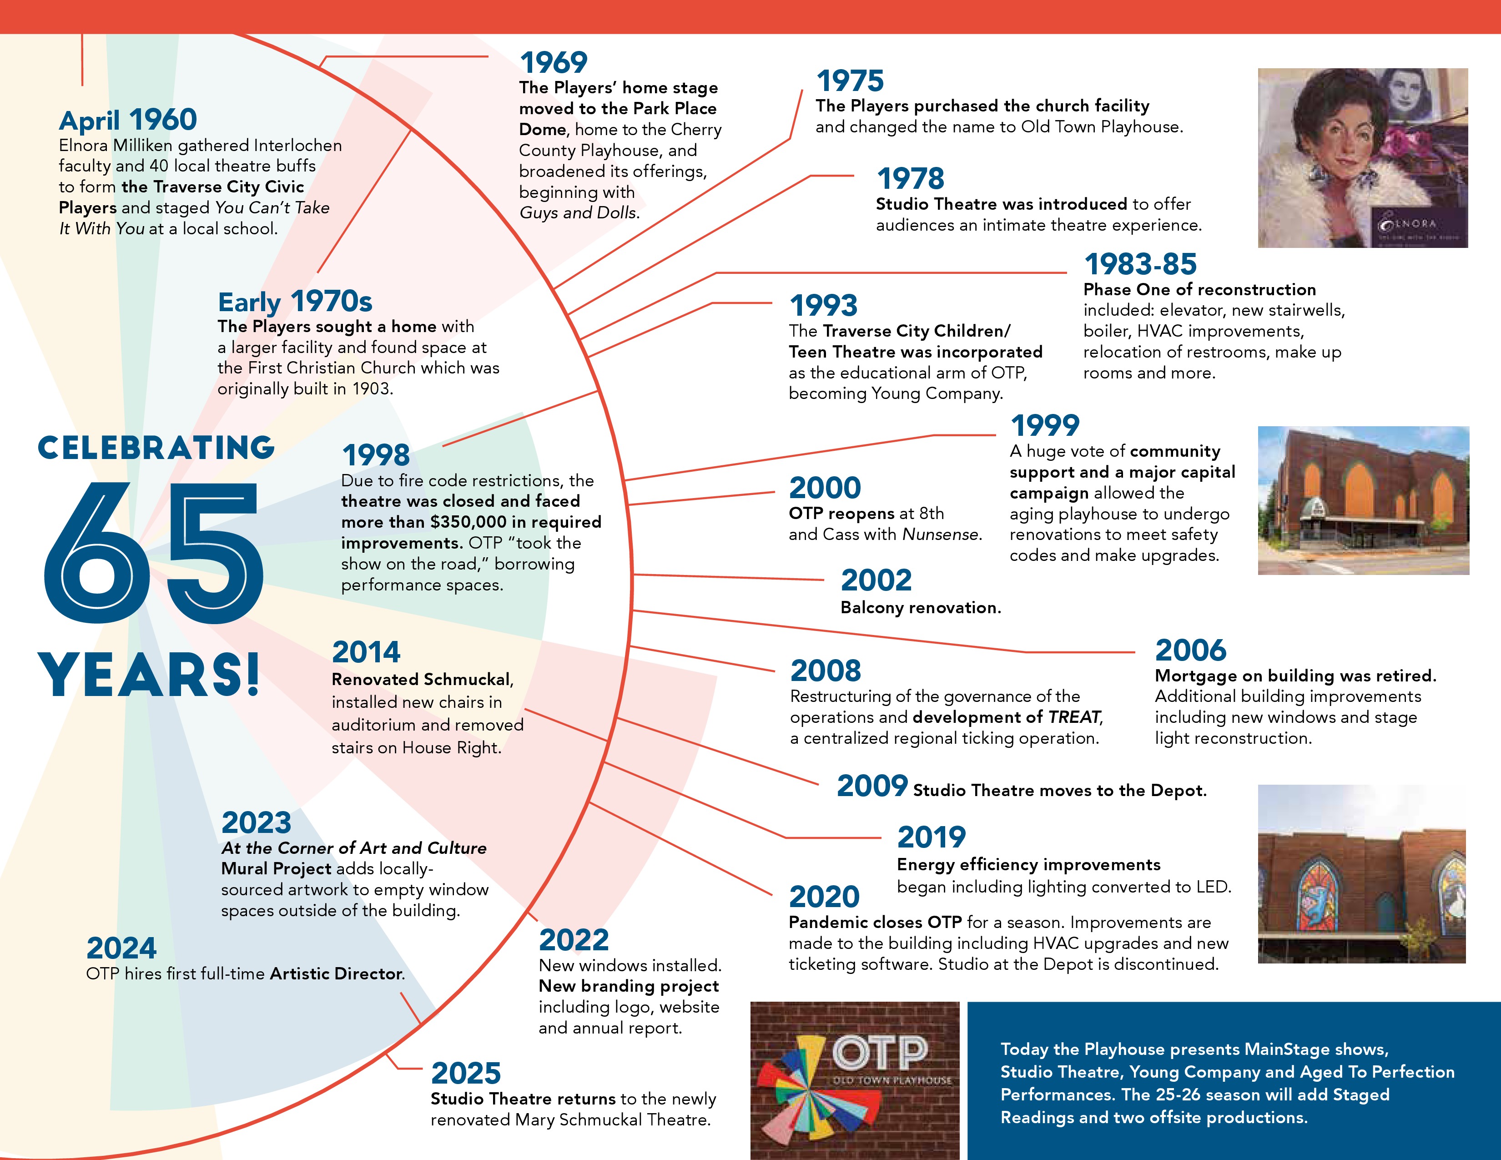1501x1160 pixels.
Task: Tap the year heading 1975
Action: coord(850,81)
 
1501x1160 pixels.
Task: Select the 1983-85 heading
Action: coord(1140,264)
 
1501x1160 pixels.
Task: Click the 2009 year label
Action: coord(872,786)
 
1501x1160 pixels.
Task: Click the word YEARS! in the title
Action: coord(149,674)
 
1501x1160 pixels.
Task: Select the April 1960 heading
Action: coord(128,120)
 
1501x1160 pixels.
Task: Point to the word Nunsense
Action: coord(942,534)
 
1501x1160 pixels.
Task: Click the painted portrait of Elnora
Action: coord(1363,158)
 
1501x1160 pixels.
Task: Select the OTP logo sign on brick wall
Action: coord(855,1080)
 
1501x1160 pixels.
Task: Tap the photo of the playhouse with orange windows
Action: coord(1364,500)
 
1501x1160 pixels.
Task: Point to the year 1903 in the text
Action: coord(371,389)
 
